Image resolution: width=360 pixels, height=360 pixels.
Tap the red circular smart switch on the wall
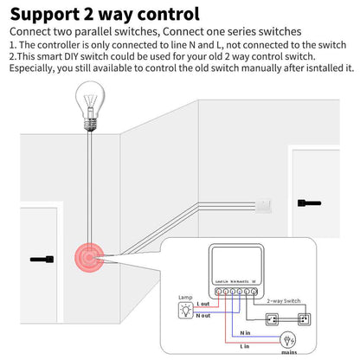tap(90, 258)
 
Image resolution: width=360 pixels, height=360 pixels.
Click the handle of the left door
tap(41, 259)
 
